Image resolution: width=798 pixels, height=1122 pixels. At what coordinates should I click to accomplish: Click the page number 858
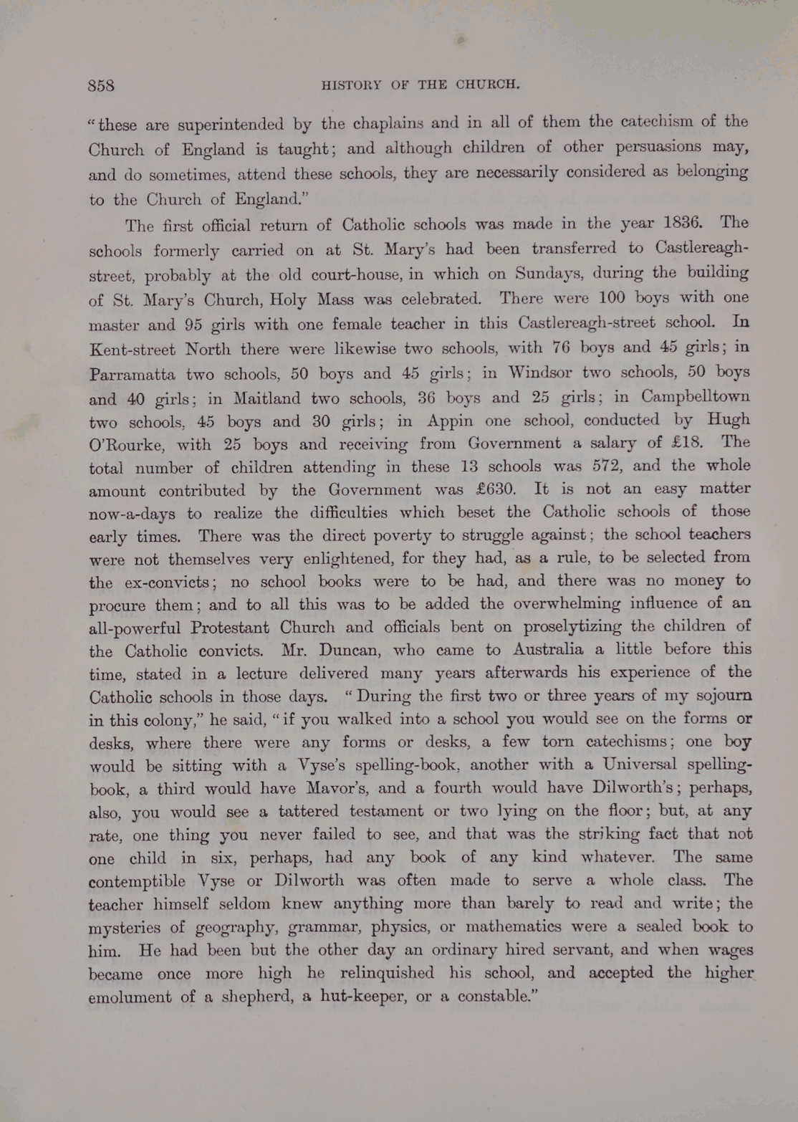click(x=101, y=85)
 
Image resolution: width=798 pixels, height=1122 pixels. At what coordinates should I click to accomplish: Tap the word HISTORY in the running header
click(x=351, y=85)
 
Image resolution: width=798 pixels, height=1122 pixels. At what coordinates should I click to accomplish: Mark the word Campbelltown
click(x=696, y=396)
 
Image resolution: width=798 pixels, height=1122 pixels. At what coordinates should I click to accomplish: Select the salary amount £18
click(x=685, y=443)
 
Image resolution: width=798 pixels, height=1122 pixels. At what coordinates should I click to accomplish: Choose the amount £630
click(x=496, y=490)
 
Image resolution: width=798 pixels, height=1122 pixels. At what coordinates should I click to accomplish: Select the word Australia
click(x=548, y=650)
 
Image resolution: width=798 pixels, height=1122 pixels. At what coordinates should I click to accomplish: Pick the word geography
click(x=234, y=928)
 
